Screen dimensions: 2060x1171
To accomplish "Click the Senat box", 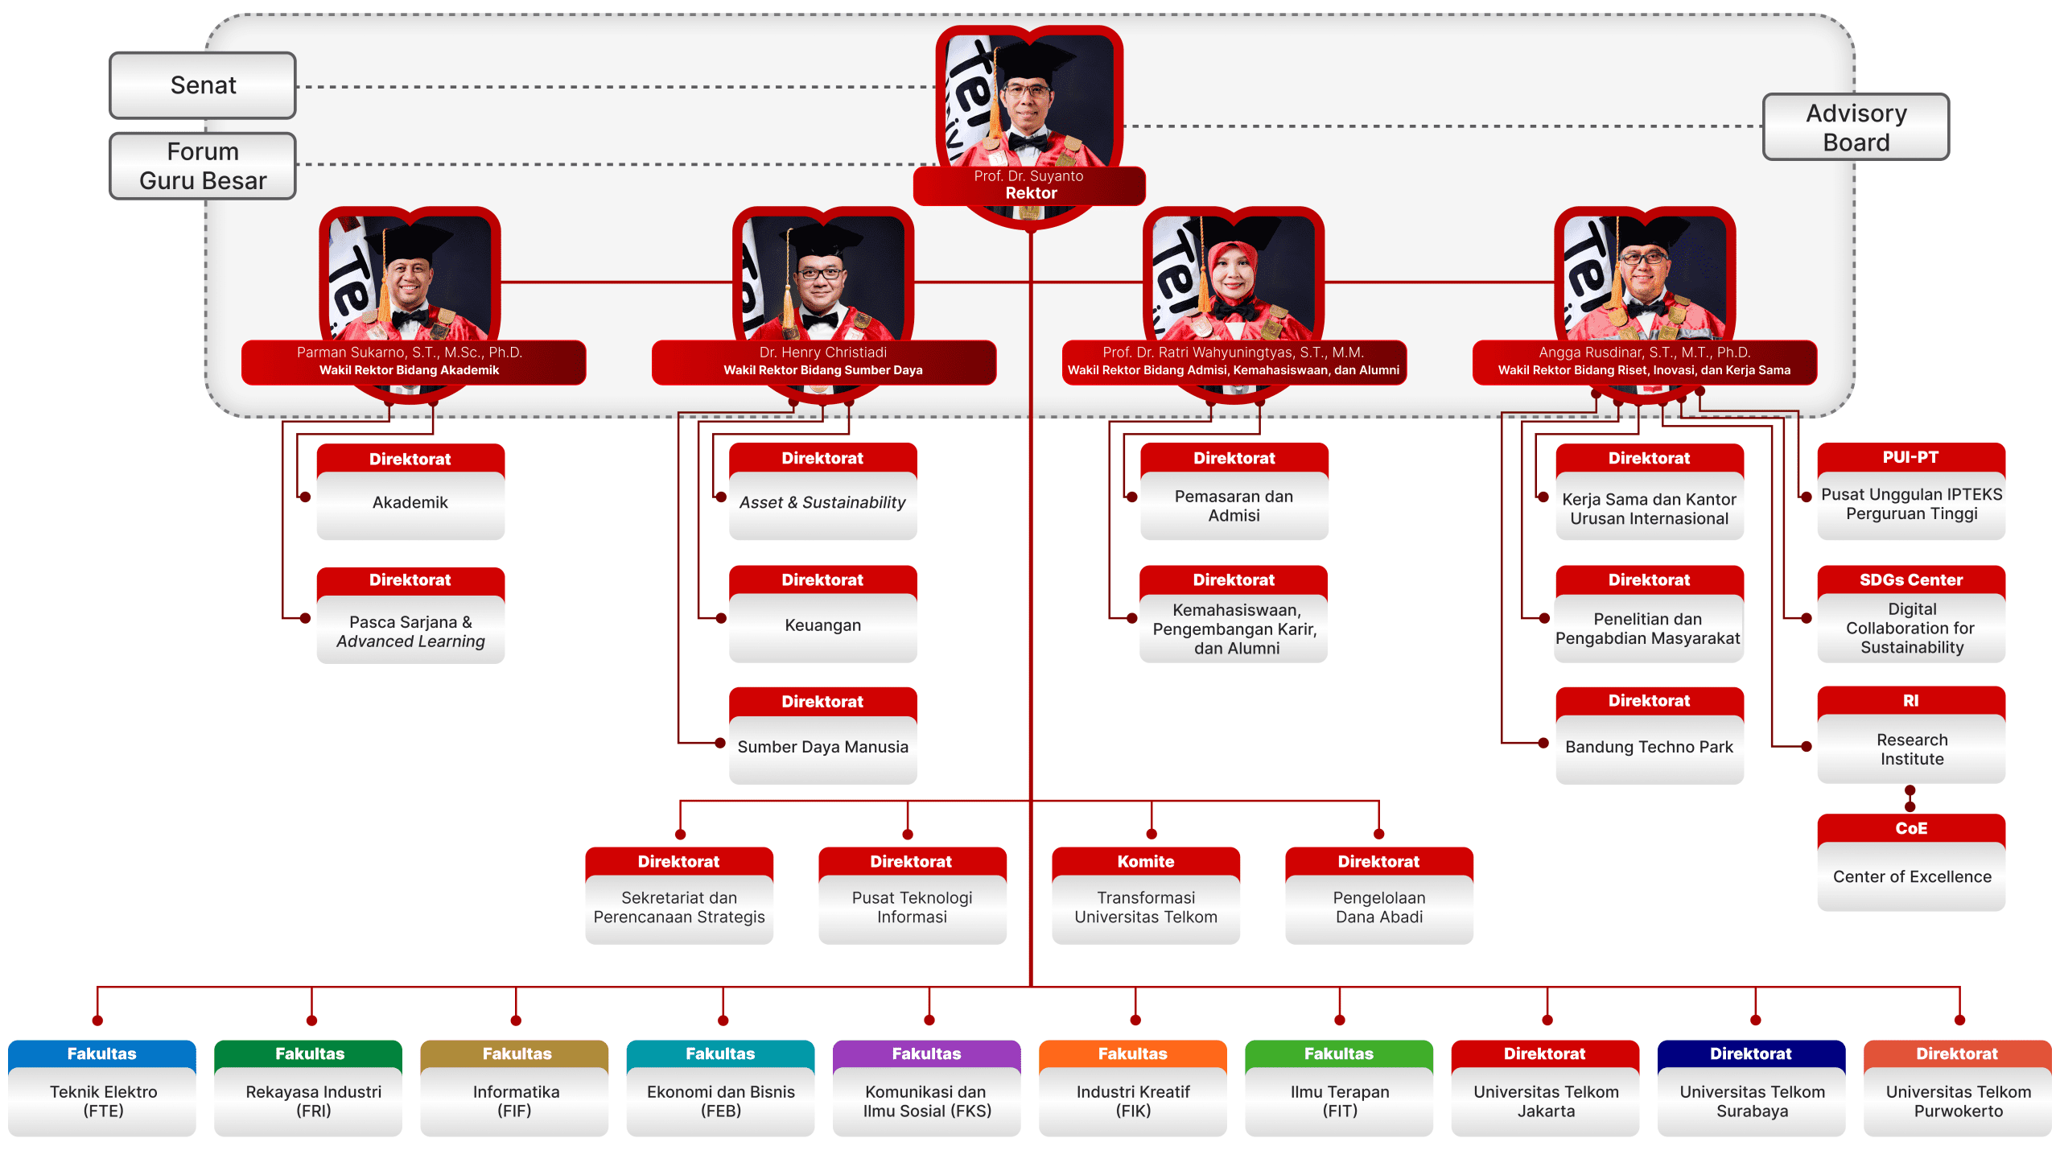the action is point(203,85).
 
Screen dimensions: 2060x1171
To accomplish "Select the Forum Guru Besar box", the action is point(203,166).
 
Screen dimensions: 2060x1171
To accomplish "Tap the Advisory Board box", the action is point(1856,127).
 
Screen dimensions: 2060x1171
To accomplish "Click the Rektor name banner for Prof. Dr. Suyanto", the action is point(1029,185).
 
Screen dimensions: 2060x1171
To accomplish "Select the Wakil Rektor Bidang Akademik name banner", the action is point(413,362).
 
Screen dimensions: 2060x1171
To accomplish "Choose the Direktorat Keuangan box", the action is point(822,614).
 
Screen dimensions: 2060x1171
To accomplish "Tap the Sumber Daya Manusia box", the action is point(822,736).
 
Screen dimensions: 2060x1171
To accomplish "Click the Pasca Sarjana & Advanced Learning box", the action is point(410,616).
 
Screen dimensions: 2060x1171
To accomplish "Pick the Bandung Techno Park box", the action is point(1650,735).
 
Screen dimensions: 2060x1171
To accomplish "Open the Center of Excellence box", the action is point(1911,863).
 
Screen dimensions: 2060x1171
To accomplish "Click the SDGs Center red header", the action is point(1911,579).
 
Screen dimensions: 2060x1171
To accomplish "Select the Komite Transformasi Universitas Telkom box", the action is point(1146,896).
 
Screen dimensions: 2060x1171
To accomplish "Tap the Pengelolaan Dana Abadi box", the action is point(1379,896).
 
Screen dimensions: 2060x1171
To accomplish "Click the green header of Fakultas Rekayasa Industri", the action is point(308,1053).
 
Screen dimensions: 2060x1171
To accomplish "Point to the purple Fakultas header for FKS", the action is point(927,1053).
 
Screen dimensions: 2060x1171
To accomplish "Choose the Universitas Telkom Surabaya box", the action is point(1752,1088).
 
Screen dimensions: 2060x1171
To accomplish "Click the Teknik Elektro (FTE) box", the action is point(102,1088).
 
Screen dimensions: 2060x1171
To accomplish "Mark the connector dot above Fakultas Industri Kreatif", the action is point(1135,1021).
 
